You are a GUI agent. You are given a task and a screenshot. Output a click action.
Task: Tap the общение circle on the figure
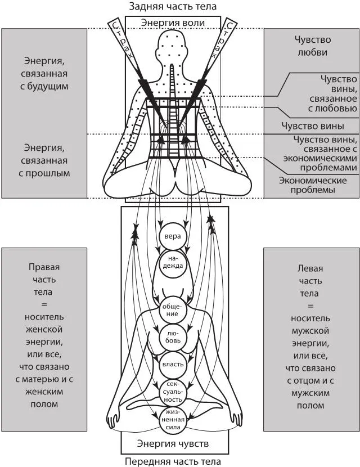[x=171, y=309]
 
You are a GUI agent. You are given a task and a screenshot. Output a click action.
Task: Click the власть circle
[x=172, y=365]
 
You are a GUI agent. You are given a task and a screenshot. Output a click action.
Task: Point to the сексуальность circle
[x=171, y=390]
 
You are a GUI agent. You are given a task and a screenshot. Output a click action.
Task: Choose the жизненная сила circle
[x=171, y=419]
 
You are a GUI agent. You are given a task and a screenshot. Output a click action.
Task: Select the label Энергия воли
[x=173, y=22]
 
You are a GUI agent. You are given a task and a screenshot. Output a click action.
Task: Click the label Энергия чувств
[x=173, y=444]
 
